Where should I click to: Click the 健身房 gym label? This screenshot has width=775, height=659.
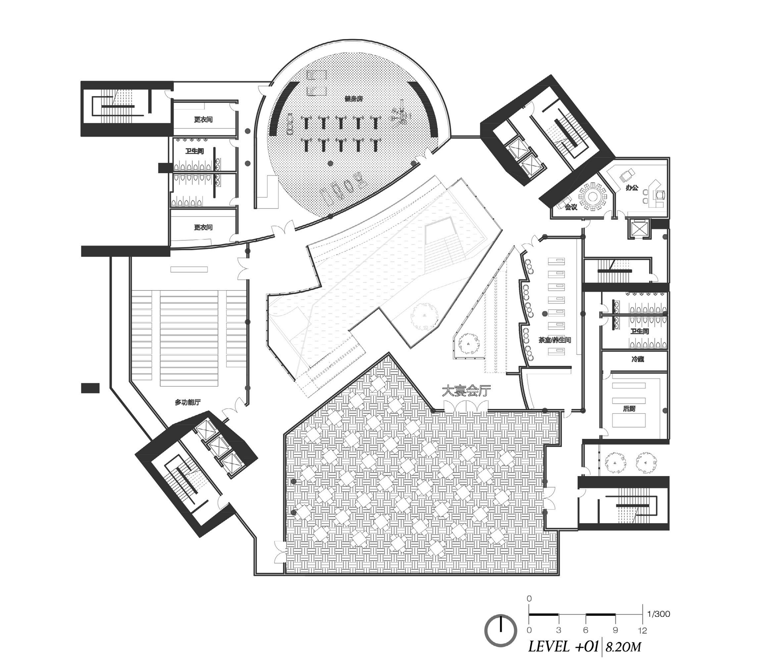[x=353, y=99]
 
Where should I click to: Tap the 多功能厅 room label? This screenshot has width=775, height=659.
[x=188, y=402]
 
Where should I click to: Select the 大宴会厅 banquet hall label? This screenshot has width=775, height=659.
[x=466, y=390]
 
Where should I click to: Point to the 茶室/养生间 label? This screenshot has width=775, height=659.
[x=554, y=340]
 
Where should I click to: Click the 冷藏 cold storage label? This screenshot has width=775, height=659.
[x=638, y=359]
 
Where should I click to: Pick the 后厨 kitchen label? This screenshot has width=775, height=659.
[x=629, y=409]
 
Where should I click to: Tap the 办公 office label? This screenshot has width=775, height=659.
[x=632, y=188]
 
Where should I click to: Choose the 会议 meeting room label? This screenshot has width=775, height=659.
[x=571, y=207]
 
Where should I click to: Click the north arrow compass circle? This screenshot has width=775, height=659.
[x=500, y=630]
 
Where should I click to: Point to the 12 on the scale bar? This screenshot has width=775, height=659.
[x=642, y=630]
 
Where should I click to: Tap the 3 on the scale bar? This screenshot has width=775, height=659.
[x=558, y=630]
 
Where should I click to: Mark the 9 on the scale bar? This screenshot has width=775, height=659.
[x=615, y=630]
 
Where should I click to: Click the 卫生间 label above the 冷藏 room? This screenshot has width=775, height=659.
[x=640, y=331]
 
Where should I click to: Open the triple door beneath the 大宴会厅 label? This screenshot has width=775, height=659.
[x=466, y=406]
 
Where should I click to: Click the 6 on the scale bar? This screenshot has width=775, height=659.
[x=586, y=630]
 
